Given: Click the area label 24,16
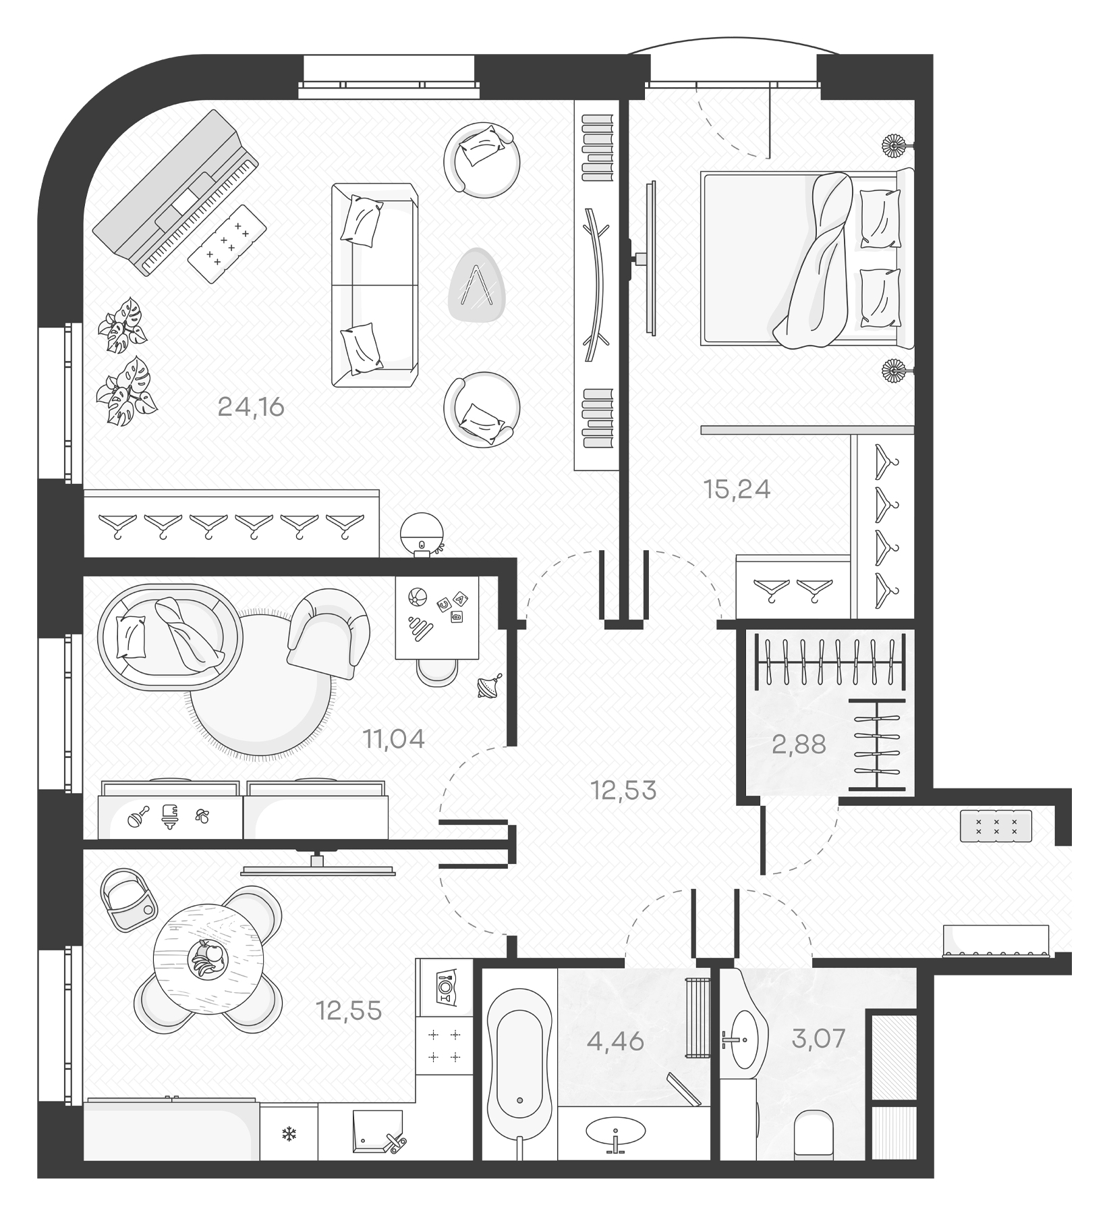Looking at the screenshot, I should pyautogui.click(x=251, y=407).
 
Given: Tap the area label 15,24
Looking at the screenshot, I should pyautogui.click(x=737, y=489).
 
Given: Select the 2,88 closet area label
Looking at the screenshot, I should pyautogui.click(x=799, y=745).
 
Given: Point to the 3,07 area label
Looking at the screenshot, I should pyautogui.click(x=818, y=1037).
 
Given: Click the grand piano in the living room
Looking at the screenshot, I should pyautogui.click(x=175, y=192).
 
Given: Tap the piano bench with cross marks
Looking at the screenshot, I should pyautogui.click(x=227, y=243).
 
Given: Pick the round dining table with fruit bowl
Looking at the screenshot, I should pyautogui.click(x=207, y=959).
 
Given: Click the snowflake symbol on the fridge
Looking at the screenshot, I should pyautogui.click(x=289, y=1134).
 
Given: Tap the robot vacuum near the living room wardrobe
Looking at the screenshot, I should pyautogui.click(x=422, y=534).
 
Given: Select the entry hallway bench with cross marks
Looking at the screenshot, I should pyautogui.click(x=996, y=826).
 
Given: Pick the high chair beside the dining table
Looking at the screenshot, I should pyautogui.click(x=128, y=898).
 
